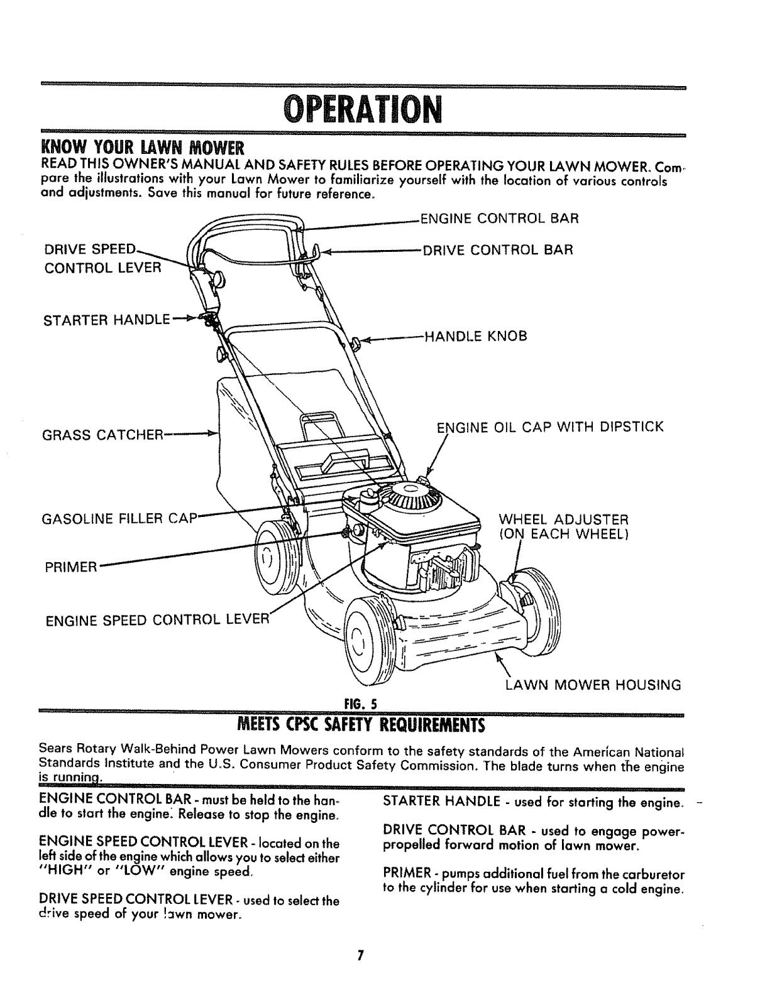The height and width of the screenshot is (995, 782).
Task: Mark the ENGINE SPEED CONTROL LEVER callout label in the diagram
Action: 157,621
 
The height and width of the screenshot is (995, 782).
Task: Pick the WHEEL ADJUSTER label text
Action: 563,520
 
